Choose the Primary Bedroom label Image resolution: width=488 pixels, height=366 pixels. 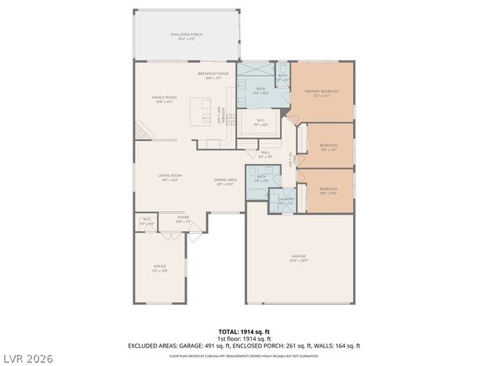click(x=321, y=93)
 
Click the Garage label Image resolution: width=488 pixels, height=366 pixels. click(x=299, y=258)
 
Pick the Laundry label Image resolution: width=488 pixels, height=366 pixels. click(x=286, y=201)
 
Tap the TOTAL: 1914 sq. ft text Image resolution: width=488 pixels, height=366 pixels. click(x=244, y=332)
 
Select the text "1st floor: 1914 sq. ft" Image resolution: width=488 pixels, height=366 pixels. click(x=244, y=339)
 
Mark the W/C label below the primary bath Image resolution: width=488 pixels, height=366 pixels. click(x=260, y=121)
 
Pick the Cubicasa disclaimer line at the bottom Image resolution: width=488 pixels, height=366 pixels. click(x=244, y=355)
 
